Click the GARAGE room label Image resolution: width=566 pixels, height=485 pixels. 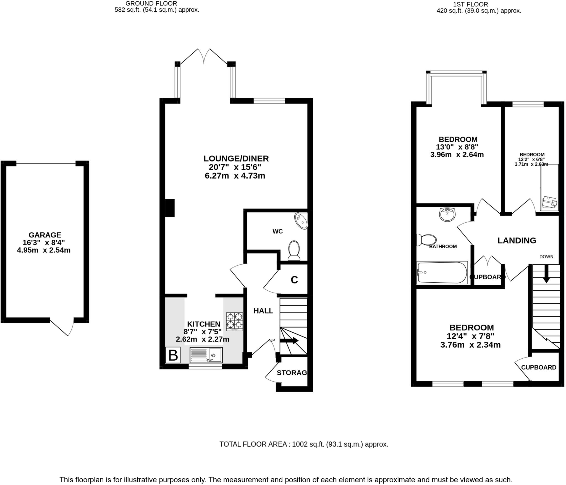coord(45,235)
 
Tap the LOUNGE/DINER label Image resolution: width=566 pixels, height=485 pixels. coord(236,158)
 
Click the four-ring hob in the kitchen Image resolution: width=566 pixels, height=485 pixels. coord(235,322)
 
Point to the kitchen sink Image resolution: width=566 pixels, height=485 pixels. coord(206,355)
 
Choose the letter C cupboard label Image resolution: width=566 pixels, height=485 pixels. coord(294,280)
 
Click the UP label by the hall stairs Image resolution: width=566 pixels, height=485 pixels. coord(272,341)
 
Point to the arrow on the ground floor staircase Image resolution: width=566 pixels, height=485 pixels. coord(289,341)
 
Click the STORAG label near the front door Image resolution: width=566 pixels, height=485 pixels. coord(292,373)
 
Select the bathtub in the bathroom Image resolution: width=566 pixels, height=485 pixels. coord(442,273)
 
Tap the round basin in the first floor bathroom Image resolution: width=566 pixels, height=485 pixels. coord(447,215)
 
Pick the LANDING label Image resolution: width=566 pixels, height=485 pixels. coord(517,241)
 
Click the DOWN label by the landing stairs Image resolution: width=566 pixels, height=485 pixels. coord(546,257)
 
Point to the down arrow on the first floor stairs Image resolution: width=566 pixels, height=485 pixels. coord(546,274)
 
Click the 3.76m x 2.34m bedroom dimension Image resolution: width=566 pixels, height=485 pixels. coord(470,345)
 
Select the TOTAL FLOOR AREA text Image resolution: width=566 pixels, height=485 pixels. coord(304,444)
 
